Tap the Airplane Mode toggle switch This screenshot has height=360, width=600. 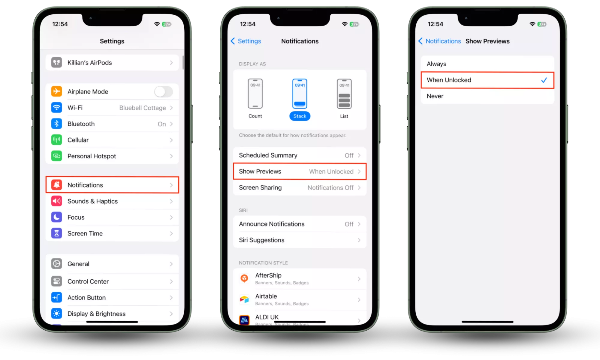pos(164,91)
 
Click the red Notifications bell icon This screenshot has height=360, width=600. pos(56,185)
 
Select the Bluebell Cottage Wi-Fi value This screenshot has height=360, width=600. pos(143,108)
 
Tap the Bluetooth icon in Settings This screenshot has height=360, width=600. pos(56,124)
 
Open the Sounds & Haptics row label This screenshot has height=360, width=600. pos(92,201)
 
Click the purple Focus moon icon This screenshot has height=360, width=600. pos(56,217)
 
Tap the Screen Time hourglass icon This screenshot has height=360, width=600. pos(56,233)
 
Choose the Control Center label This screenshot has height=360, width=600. pos(88,281)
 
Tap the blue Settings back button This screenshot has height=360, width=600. pos(246,41)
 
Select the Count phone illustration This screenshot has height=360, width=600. pos(255,94)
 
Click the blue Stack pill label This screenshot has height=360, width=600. pos(300,116)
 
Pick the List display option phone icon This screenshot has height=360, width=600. pos(344,94)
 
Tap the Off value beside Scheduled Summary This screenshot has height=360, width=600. pos(349,155)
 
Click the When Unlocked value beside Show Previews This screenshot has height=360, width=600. pos(331,172)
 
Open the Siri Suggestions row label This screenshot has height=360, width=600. pos(261,240)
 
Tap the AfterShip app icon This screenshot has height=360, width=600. pos(244,279)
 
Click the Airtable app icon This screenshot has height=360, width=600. pos(244,299)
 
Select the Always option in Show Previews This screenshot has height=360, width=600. pos(436,64)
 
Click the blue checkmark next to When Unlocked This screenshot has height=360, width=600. pos(544,80)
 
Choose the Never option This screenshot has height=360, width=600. pos(435,96)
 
